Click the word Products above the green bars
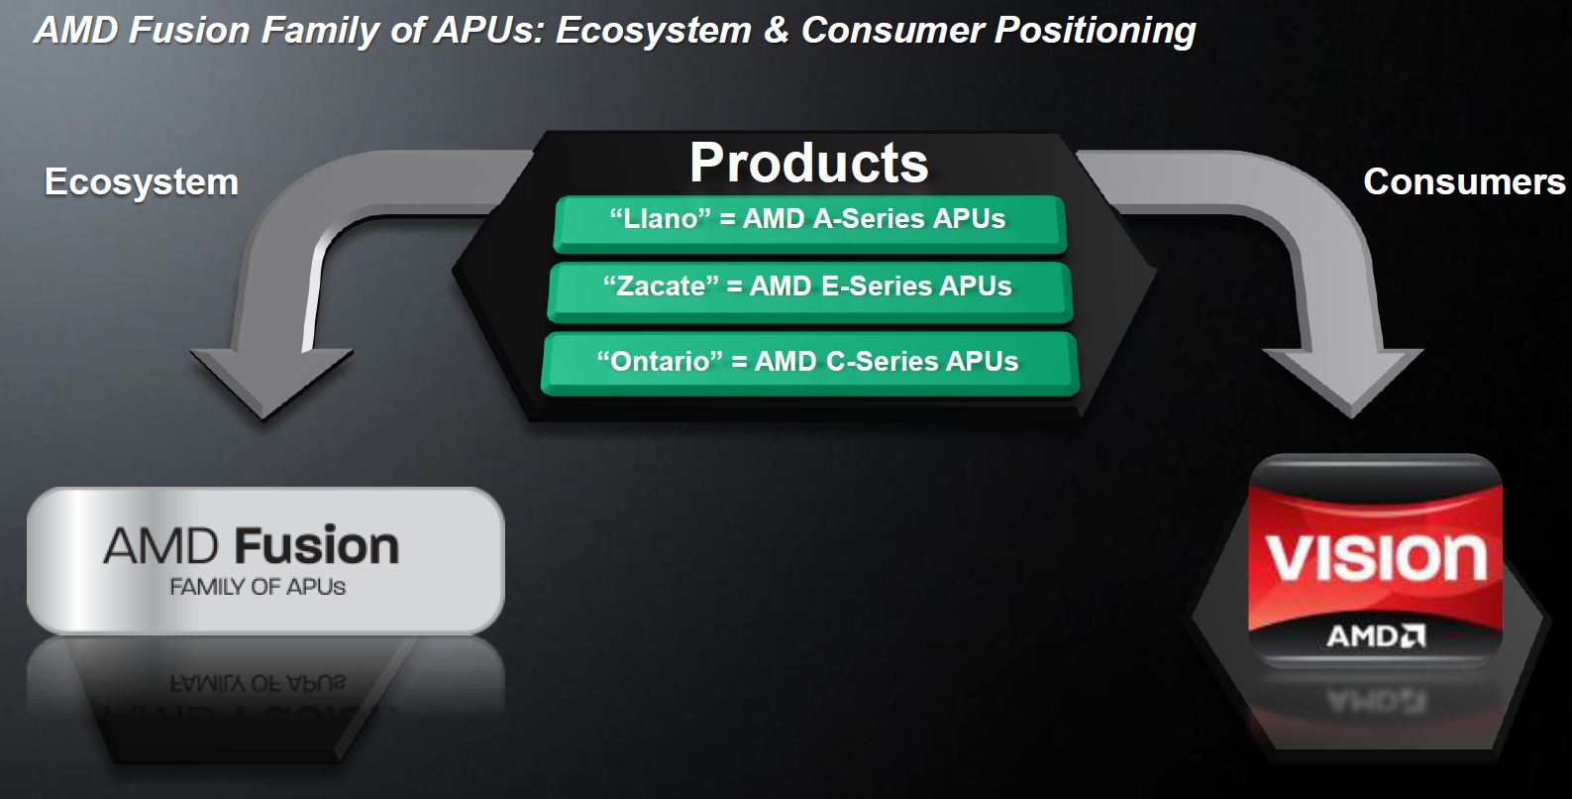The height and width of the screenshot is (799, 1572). click(808, 163)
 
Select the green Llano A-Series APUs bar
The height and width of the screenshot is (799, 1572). click(808, 222)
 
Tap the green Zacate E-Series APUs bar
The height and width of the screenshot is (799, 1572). click(808, 289)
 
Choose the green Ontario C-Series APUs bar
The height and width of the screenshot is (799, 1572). click(808, 363)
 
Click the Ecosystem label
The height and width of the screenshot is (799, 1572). click(142, 182)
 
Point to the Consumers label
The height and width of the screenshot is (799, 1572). click(1464, 181)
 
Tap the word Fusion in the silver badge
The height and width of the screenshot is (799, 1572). click(317, 546)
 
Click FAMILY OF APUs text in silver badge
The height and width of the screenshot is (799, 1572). click(258, 587)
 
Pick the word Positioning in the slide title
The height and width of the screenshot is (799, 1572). click(1096, 31)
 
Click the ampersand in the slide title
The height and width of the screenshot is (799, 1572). click(776, 31)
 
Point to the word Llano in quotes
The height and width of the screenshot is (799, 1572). click(660, 219)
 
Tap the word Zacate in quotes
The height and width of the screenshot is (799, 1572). click(661, 286)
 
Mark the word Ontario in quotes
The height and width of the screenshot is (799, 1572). click(660, 362)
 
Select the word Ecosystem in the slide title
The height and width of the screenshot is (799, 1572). click(654, 31)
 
